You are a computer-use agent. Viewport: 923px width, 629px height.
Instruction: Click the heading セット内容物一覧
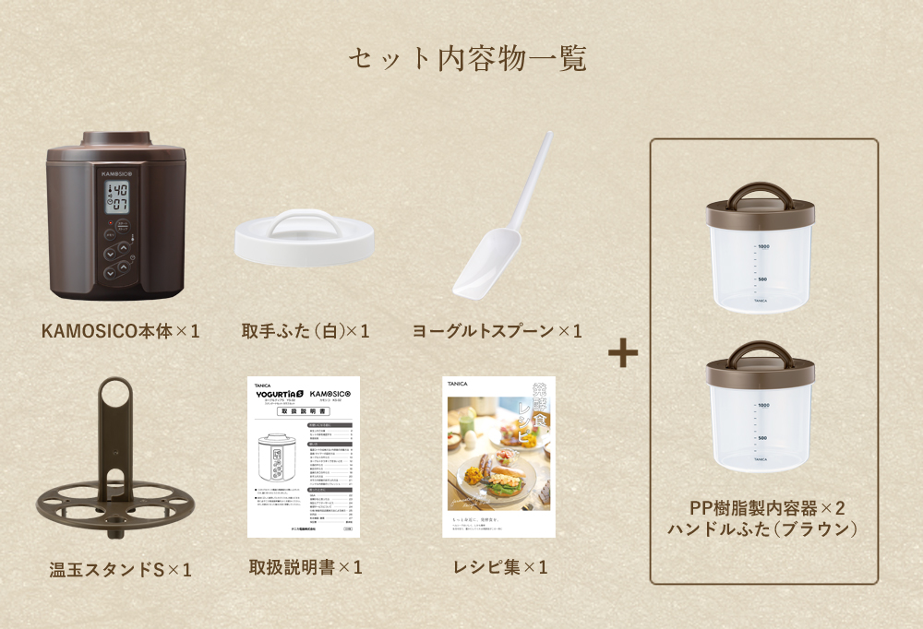click(x=467, y=59)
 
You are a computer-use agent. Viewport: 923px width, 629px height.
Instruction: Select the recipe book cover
click(x=498, y=457)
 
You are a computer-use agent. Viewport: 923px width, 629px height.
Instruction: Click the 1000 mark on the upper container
click(x=763, y=246)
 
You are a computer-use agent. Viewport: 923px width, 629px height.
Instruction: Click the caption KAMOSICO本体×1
click(x=121, y=330)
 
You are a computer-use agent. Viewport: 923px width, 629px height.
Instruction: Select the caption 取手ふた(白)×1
click(x=306, y=330)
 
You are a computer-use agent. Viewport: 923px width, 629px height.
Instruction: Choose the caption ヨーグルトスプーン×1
click(x=497, y=330)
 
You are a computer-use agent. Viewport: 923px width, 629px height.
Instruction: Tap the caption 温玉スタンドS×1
click(x=121, y=570)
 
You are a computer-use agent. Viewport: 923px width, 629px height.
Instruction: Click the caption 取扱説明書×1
click(x=306, y=566)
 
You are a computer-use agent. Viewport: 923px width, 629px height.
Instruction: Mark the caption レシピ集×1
click(x=497, y=566)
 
